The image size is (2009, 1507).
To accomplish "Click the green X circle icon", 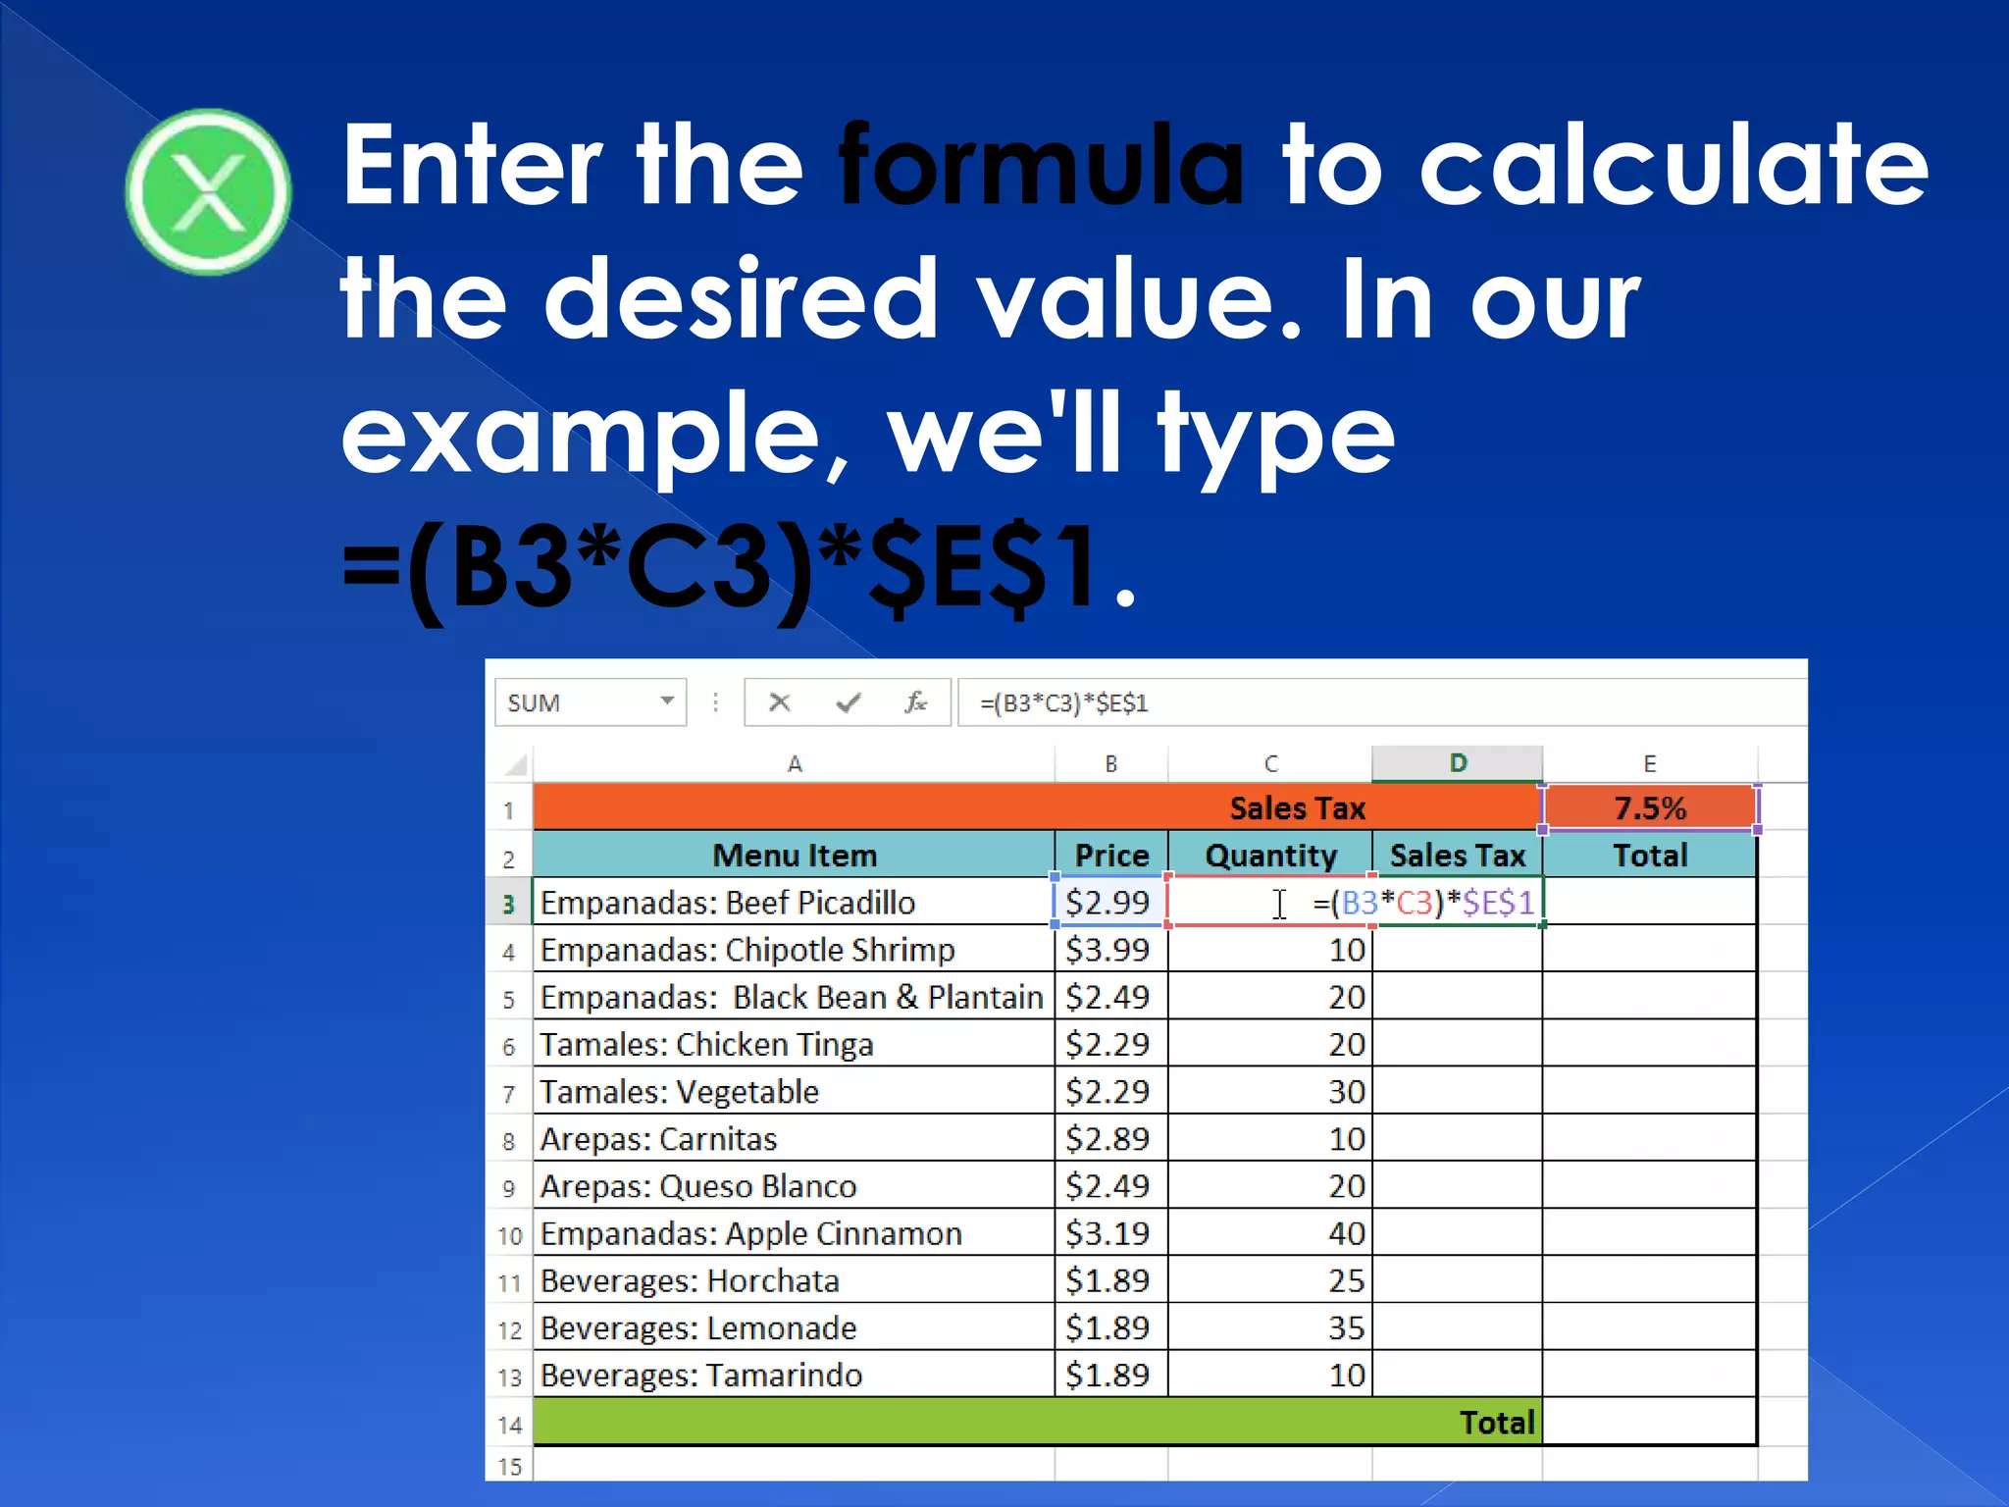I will pos(208,192).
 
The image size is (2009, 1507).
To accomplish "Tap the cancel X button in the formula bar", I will pos(780,702).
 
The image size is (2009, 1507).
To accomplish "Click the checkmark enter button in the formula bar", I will pos(849,702).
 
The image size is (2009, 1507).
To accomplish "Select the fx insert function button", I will pos(916,702).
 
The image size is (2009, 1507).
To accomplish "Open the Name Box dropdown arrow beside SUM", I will pos(667,701).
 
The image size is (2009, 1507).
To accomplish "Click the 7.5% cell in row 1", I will pos(1650,808).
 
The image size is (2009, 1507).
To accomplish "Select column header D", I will pos(1458,763).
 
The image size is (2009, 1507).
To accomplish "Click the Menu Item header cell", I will pos(794,856).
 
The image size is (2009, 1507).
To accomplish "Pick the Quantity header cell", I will pos(1270,856).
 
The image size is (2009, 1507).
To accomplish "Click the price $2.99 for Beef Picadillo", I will pos(1108,903).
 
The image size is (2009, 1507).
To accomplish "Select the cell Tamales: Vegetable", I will pos(679,1092).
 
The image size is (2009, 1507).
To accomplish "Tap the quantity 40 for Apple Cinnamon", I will pos(1346,1233).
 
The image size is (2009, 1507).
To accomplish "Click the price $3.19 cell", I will pos(1108,1233).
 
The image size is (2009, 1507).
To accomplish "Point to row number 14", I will pos(509,1425).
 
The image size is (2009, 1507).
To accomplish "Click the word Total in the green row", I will pos(1496,1423).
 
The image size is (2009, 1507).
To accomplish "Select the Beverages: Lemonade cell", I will pos(698,1328).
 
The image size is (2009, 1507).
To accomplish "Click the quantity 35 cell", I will pos(1346,1328).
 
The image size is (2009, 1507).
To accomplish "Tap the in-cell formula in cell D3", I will pos(1424,903).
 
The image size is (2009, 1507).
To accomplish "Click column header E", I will pos(1650,763).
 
